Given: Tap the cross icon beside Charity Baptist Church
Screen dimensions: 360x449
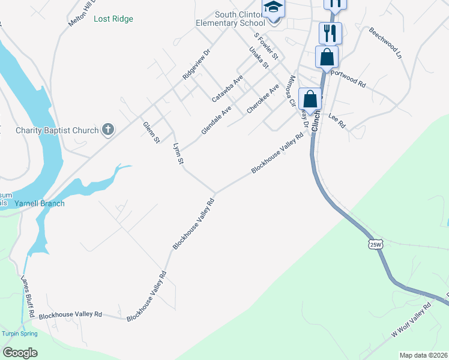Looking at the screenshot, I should [108, 129].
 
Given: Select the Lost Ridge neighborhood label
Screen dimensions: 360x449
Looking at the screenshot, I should [113, 19].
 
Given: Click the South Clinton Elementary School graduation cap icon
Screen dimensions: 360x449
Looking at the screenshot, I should [273, 8].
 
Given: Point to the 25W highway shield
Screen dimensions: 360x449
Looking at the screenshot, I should [376, 245].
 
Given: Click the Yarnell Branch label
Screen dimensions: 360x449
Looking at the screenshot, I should [40, 203].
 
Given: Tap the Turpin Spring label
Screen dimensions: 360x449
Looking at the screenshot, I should [19, 334].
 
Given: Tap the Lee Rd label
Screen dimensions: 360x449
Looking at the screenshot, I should [337, 120].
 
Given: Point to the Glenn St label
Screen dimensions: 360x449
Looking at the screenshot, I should [151, 132].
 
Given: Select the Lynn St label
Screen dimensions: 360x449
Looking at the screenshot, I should [176, 153].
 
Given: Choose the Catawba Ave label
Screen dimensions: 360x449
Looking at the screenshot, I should [228, 88].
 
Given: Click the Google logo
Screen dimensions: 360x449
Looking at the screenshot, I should [20, 353].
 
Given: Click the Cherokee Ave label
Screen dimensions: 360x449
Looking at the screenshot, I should [265, 98].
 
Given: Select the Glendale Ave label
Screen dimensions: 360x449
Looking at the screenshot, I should [216, 120].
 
